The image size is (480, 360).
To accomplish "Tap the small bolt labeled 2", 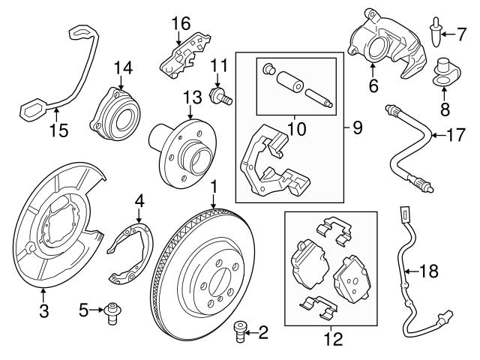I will coord(241,331).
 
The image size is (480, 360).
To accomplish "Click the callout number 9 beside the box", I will coord(358,127).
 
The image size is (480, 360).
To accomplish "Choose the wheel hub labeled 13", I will coord(180,147).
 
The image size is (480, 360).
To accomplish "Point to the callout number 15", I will coord(58,130).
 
